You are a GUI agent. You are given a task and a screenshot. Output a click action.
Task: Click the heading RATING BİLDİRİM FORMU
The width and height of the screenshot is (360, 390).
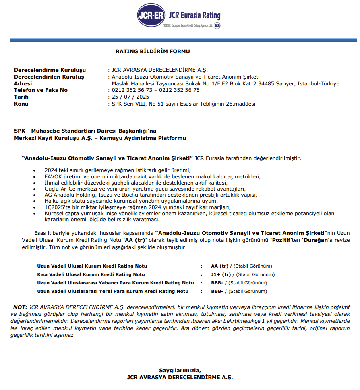coord(153,52)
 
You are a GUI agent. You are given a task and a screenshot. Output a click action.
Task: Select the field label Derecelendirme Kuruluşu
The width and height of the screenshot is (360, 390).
coord(50,70)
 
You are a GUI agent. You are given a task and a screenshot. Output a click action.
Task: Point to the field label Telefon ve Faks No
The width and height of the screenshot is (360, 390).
coord(41,90)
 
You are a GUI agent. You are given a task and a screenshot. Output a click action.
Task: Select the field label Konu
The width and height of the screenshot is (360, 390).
coord(21,104)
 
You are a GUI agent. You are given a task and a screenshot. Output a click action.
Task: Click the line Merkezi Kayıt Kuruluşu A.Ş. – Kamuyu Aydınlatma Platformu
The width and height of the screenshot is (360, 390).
coord(100,138)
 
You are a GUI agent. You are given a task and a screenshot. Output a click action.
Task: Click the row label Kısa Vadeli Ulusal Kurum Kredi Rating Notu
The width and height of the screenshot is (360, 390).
coord(91,275)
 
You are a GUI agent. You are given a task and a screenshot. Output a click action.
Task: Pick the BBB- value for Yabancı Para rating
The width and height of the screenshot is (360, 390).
coord(217,283)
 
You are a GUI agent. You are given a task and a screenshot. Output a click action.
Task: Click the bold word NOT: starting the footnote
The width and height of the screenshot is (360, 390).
coord(20,307)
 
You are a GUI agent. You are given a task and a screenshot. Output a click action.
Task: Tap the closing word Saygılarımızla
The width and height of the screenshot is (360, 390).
coord(180,370)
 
